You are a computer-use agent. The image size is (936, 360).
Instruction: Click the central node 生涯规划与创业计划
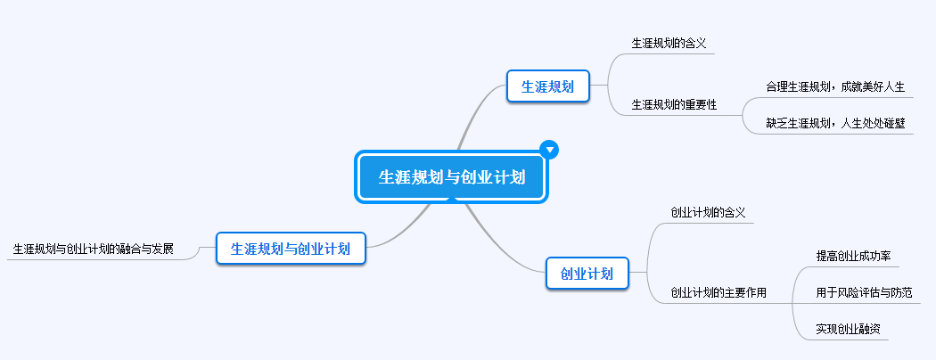pos(452,177)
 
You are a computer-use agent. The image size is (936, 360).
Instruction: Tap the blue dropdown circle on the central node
pos(550,149)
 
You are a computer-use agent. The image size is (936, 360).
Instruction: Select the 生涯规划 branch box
pos(547,86)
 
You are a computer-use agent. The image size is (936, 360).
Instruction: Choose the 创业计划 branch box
pos(587,274)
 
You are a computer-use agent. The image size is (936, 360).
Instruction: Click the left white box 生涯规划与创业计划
pos(291,248)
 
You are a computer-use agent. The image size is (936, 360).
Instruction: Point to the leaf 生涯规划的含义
pos(669,43)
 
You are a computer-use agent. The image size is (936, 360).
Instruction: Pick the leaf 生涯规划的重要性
pos(674,105)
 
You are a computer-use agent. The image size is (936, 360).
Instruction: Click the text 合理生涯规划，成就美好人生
pos(835,87)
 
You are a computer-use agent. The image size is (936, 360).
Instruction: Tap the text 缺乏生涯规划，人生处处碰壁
pos(835,123)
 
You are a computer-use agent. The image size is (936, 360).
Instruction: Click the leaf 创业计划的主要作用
pos(718,292)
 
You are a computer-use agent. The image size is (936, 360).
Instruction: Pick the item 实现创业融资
pos(848,329)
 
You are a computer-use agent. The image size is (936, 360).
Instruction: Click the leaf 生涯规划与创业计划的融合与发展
pos(93,248)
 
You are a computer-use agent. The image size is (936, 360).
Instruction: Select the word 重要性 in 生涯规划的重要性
pos(701,105)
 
